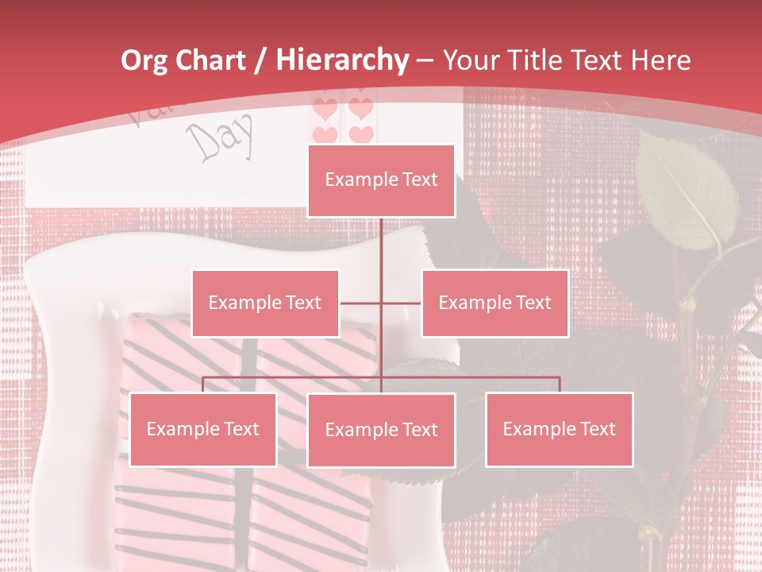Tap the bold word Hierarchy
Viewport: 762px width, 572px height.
[342, 60]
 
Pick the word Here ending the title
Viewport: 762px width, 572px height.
[660, 60]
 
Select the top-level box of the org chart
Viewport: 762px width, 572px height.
[381, 180]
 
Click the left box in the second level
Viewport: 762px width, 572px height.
[265, 303]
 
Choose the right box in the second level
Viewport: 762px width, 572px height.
[495, 303]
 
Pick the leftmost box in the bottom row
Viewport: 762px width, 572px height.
[202, 429]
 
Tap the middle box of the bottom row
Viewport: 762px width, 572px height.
[381, 430]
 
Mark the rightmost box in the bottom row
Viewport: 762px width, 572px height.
[559, 429]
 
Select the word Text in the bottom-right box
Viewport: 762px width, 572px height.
[596, 429]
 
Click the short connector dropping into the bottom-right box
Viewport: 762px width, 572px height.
[560, 385]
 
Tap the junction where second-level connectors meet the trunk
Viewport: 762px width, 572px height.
[381, 303]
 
